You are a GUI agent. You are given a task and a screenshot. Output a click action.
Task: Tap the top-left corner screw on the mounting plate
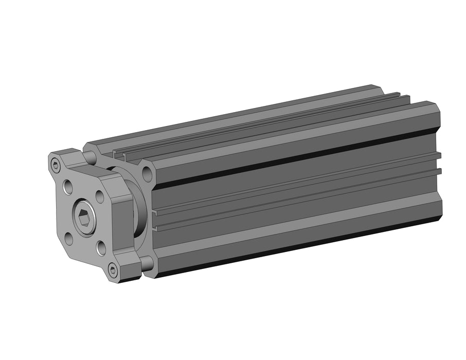pos(56,165)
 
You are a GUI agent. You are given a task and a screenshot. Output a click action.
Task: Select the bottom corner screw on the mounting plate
pos(113,271)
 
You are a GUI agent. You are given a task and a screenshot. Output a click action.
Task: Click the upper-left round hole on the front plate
pos(68,187)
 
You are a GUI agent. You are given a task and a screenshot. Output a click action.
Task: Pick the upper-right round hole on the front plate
pos(100,196)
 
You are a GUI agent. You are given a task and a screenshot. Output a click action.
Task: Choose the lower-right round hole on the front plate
pos(101,248)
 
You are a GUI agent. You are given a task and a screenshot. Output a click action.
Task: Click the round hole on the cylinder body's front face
pos(147,173)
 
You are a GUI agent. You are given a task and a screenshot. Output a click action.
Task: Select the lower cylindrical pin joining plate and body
pos(147,264)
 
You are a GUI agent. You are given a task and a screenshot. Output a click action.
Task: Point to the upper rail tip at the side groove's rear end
pos(438,154)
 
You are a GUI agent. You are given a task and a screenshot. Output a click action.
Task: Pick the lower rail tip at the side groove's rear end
pos(438,172)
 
